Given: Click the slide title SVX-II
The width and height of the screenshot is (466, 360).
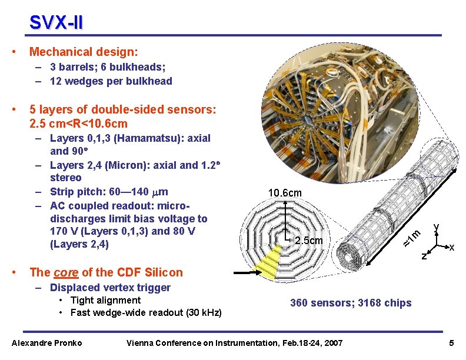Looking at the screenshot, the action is coord(56,22).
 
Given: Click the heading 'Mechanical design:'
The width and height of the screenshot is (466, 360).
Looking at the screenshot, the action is coord(84,52).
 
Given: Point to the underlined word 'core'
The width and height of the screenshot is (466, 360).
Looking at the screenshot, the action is coord(66,272).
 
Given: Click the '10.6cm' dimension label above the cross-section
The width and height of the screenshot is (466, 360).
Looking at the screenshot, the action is coord(285,193).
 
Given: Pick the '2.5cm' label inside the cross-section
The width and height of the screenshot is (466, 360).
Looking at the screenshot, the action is coord(309,241).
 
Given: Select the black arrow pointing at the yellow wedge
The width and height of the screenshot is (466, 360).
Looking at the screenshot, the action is coord(247,272).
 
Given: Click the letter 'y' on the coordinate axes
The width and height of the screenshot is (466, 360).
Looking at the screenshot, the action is coord(436,228).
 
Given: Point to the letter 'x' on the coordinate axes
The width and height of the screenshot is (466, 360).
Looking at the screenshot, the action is coord(452,247).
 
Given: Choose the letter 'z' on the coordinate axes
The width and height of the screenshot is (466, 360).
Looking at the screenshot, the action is coord(424,255).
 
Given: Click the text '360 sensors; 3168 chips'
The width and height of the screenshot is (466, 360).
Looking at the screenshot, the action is coord(351,303).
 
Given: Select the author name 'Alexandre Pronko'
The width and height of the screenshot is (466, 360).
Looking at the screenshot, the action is coord(46,343).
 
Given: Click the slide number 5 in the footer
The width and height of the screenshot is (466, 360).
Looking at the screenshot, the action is coord(451,343).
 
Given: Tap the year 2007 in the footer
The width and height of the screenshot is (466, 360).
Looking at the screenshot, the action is coord(334,343).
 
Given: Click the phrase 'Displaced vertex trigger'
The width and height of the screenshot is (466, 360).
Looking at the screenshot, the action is coord(110,288).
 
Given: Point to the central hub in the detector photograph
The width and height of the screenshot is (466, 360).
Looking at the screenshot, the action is coord(308,120).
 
